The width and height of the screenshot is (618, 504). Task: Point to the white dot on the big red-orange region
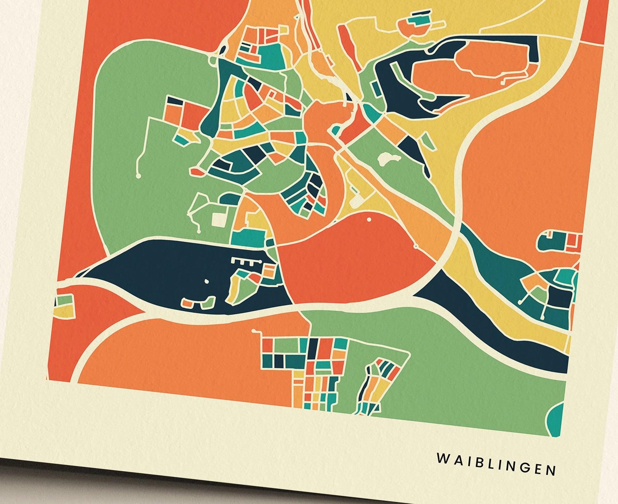click(369, 219)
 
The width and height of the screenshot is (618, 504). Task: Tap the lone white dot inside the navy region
click(207, 282)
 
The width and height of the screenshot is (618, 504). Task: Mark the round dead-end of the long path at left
click(138, 175)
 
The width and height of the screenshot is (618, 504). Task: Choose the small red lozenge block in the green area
click(197, 172)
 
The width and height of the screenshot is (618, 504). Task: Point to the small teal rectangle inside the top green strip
click(375, 86)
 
